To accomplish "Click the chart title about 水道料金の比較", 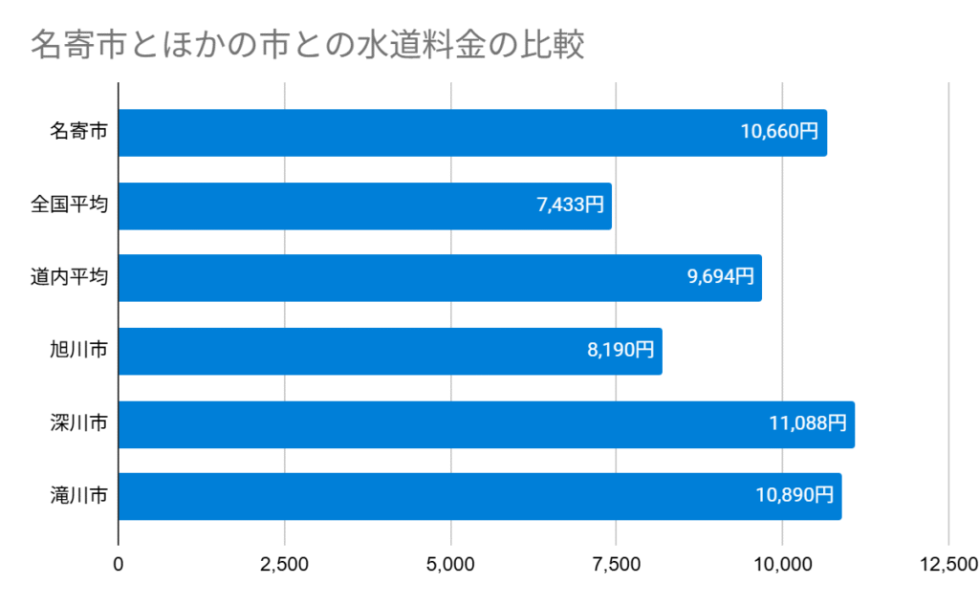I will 307,45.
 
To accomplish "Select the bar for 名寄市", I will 430,133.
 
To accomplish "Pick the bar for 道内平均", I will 402,278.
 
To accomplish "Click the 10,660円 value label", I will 779,133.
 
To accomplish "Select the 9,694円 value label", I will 720,278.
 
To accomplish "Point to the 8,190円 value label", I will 620,351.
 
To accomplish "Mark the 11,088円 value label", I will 808,423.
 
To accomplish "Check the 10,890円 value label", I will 794,496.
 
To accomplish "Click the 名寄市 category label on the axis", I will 78,133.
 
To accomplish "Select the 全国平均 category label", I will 69,205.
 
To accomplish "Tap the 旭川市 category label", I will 78,351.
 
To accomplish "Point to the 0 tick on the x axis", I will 119,564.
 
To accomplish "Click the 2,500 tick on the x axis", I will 284,564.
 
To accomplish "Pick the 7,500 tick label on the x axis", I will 617,564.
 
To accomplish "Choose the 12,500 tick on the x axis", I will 947,564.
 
